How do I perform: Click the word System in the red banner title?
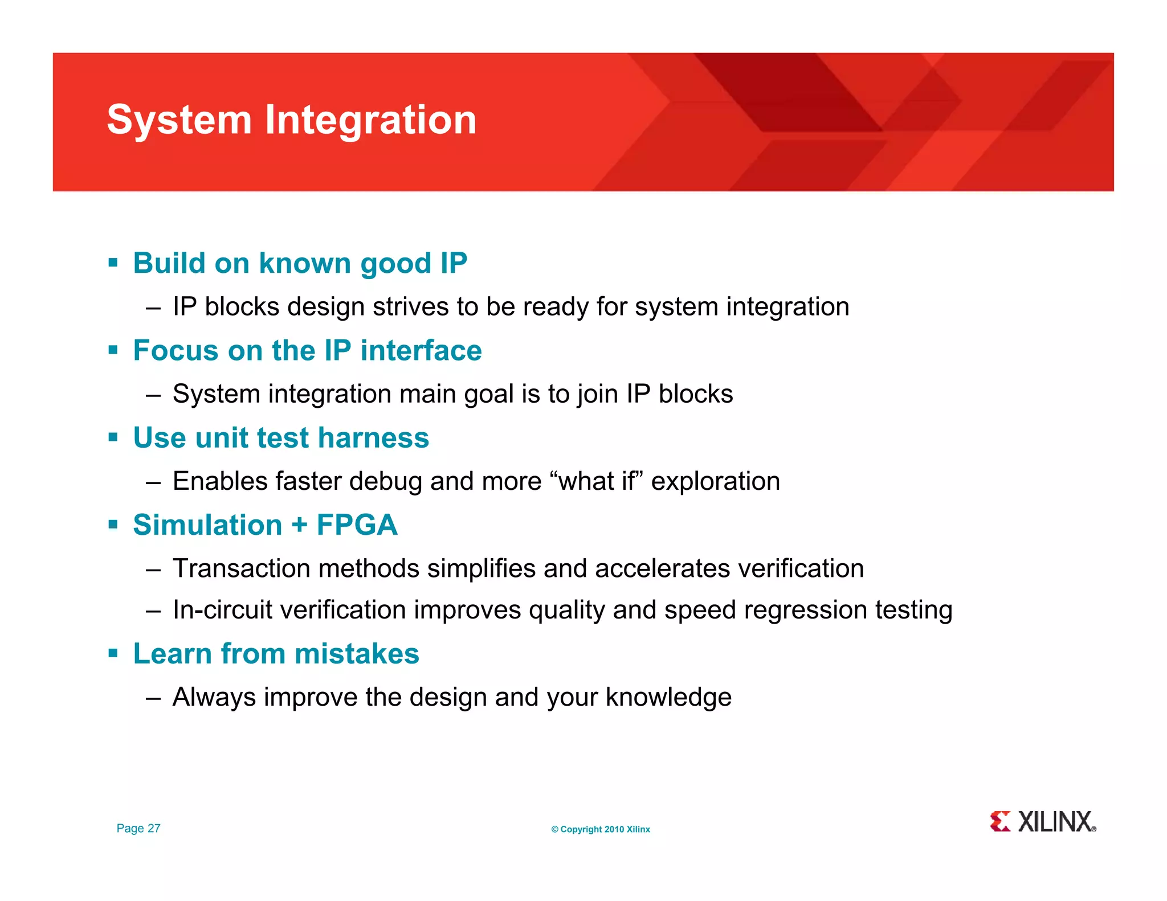pyautogui.click(x=179, y=120)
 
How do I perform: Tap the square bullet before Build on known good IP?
pyautogui.click(x=113, y=263)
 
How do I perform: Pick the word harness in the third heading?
pyautogui.click(x=373, y=437)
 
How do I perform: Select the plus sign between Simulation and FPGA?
pyautogui.click(x=299, y=525)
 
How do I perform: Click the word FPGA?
pyautogui.click(x=357, y=525)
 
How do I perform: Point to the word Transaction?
pyautogui.click(x=241, y=568)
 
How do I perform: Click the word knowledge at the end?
pyautogui.click(x=668, y=697)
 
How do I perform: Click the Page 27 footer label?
pyautogui.click(x=138, y=828)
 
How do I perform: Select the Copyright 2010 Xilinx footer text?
pyautogui.click(x=600, y=829)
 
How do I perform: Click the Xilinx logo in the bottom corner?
pyautogui.click(x=1042, y=822)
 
